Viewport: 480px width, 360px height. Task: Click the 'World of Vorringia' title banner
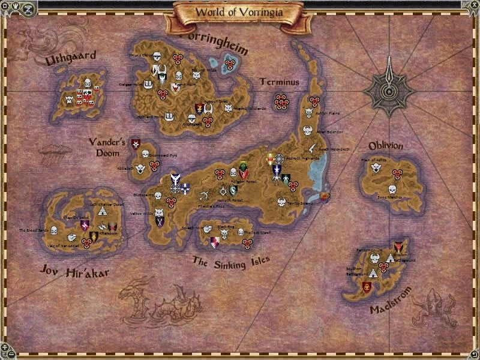(239, 11)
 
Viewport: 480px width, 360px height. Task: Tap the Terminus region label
(279, 82)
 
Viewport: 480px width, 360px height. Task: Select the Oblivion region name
(385, 146)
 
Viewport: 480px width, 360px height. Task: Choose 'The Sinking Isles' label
(230, 262)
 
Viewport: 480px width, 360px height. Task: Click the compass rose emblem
(391, 91)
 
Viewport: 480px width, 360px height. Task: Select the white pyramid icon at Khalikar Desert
(102, 210)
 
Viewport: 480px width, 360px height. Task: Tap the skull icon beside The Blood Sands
(55, 230)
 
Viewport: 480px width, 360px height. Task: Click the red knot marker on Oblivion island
(396, 173)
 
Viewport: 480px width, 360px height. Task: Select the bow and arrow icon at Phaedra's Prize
(204, 196)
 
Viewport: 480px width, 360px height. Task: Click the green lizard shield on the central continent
(243, 169)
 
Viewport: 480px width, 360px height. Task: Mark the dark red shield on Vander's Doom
(136, 144)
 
